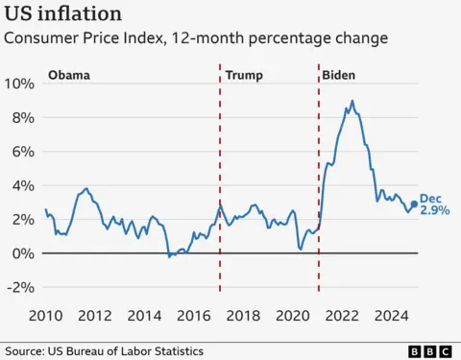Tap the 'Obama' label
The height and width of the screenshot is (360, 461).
pyautogui.click(x=70, y=75)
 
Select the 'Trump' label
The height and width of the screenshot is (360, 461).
pyautogui.click(x=244, y=75)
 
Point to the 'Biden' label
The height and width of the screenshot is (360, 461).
pyautogui.click(x=338, y=75)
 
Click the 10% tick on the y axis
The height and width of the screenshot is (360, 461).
pyautogui.click(x=20, y=84)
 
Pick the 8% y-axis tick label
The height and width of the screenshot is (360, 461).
pyautogui.click(x=24, y=117)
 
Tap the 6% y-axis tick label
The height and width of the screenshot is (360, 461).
pyautogui.click(x=24, y=152)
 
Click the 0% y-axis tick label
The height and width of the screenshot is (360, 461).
pyautogui.click(x=24, y=253)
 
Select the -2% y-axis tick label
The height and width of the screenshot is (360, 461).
pyautogui.click(x=21, y=288)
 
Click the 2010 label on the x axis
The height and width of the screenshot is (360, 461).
pyautogui.click(x=45, y=314)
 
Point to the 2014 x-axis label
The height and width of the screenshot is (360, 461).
pyautogui.click(x=144, y=314)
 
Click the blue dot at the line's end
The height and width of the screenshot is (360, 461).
pyautogui.click(x=414, y=204)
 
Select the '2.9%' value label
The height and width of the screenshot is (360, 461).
pyautogui.click(x=434, y=210)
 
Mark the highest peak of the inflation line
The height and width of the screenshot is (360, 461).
pyautogui.click(x=352, y=101)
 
